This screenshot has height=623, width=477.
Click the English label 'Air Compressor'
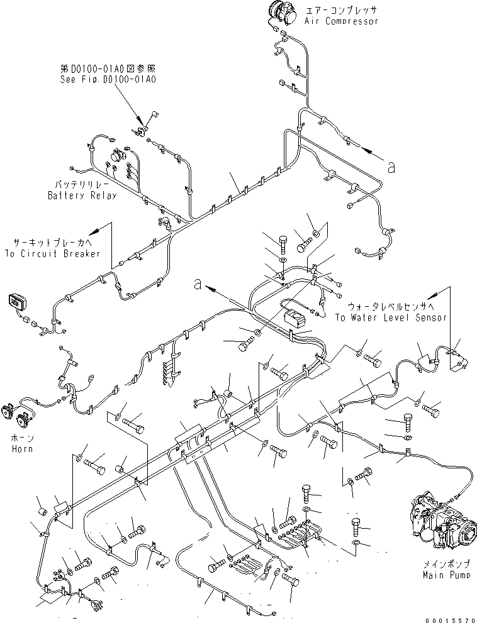(x=341, y=21)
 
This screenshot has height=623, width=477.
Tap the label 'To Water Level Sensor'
(x=390, y=317)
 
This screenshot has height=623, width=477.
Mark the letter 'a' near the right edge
(x=391, y=167)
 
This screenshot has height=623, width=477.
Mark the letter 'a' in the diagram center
(x=198, y=285)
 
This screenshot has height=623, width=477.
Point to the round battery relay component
(x=118, y=156)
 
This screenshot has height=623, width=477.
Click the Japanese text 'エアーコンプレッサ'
(x=341, y=11)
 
